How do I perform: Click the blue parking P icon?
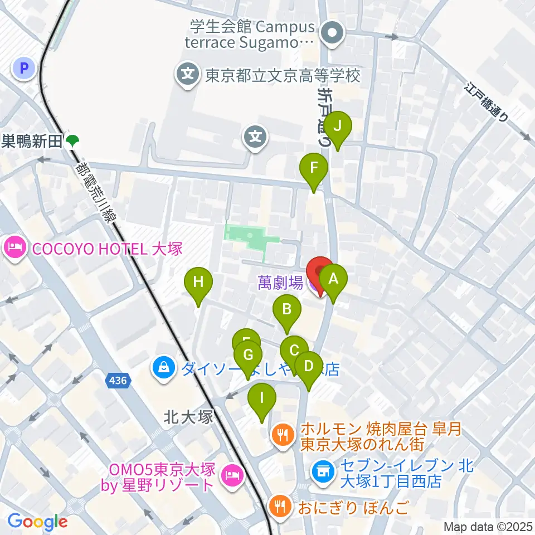click(24, 69)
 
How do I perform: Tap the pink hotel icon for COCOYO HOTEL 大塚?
click(14, 248)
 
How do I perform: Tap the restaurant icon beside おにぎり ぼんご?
click(278, 508)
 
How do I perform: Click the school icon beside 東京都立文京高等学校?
click(188, 75)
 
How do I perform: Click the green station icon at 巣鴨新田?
click(72, 142)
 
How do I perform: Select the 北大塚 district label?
click(189, 417)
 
